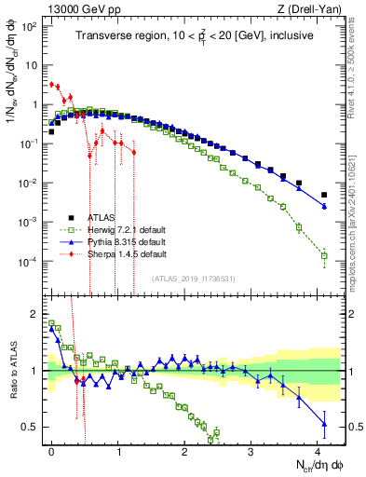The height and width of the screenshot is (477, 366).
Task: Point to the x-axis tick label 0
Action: point(51,450)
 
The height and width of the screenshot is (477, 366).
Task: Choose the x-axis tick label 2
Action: point(184,450)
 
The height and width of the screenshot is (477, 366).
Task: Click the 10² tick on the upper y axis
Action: point(34,24)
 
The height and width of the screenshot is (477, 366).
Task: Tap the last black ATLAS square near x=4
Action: point(324,195)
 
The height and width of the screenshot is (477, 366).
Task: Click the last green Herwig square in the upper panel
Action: point(324,255)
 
